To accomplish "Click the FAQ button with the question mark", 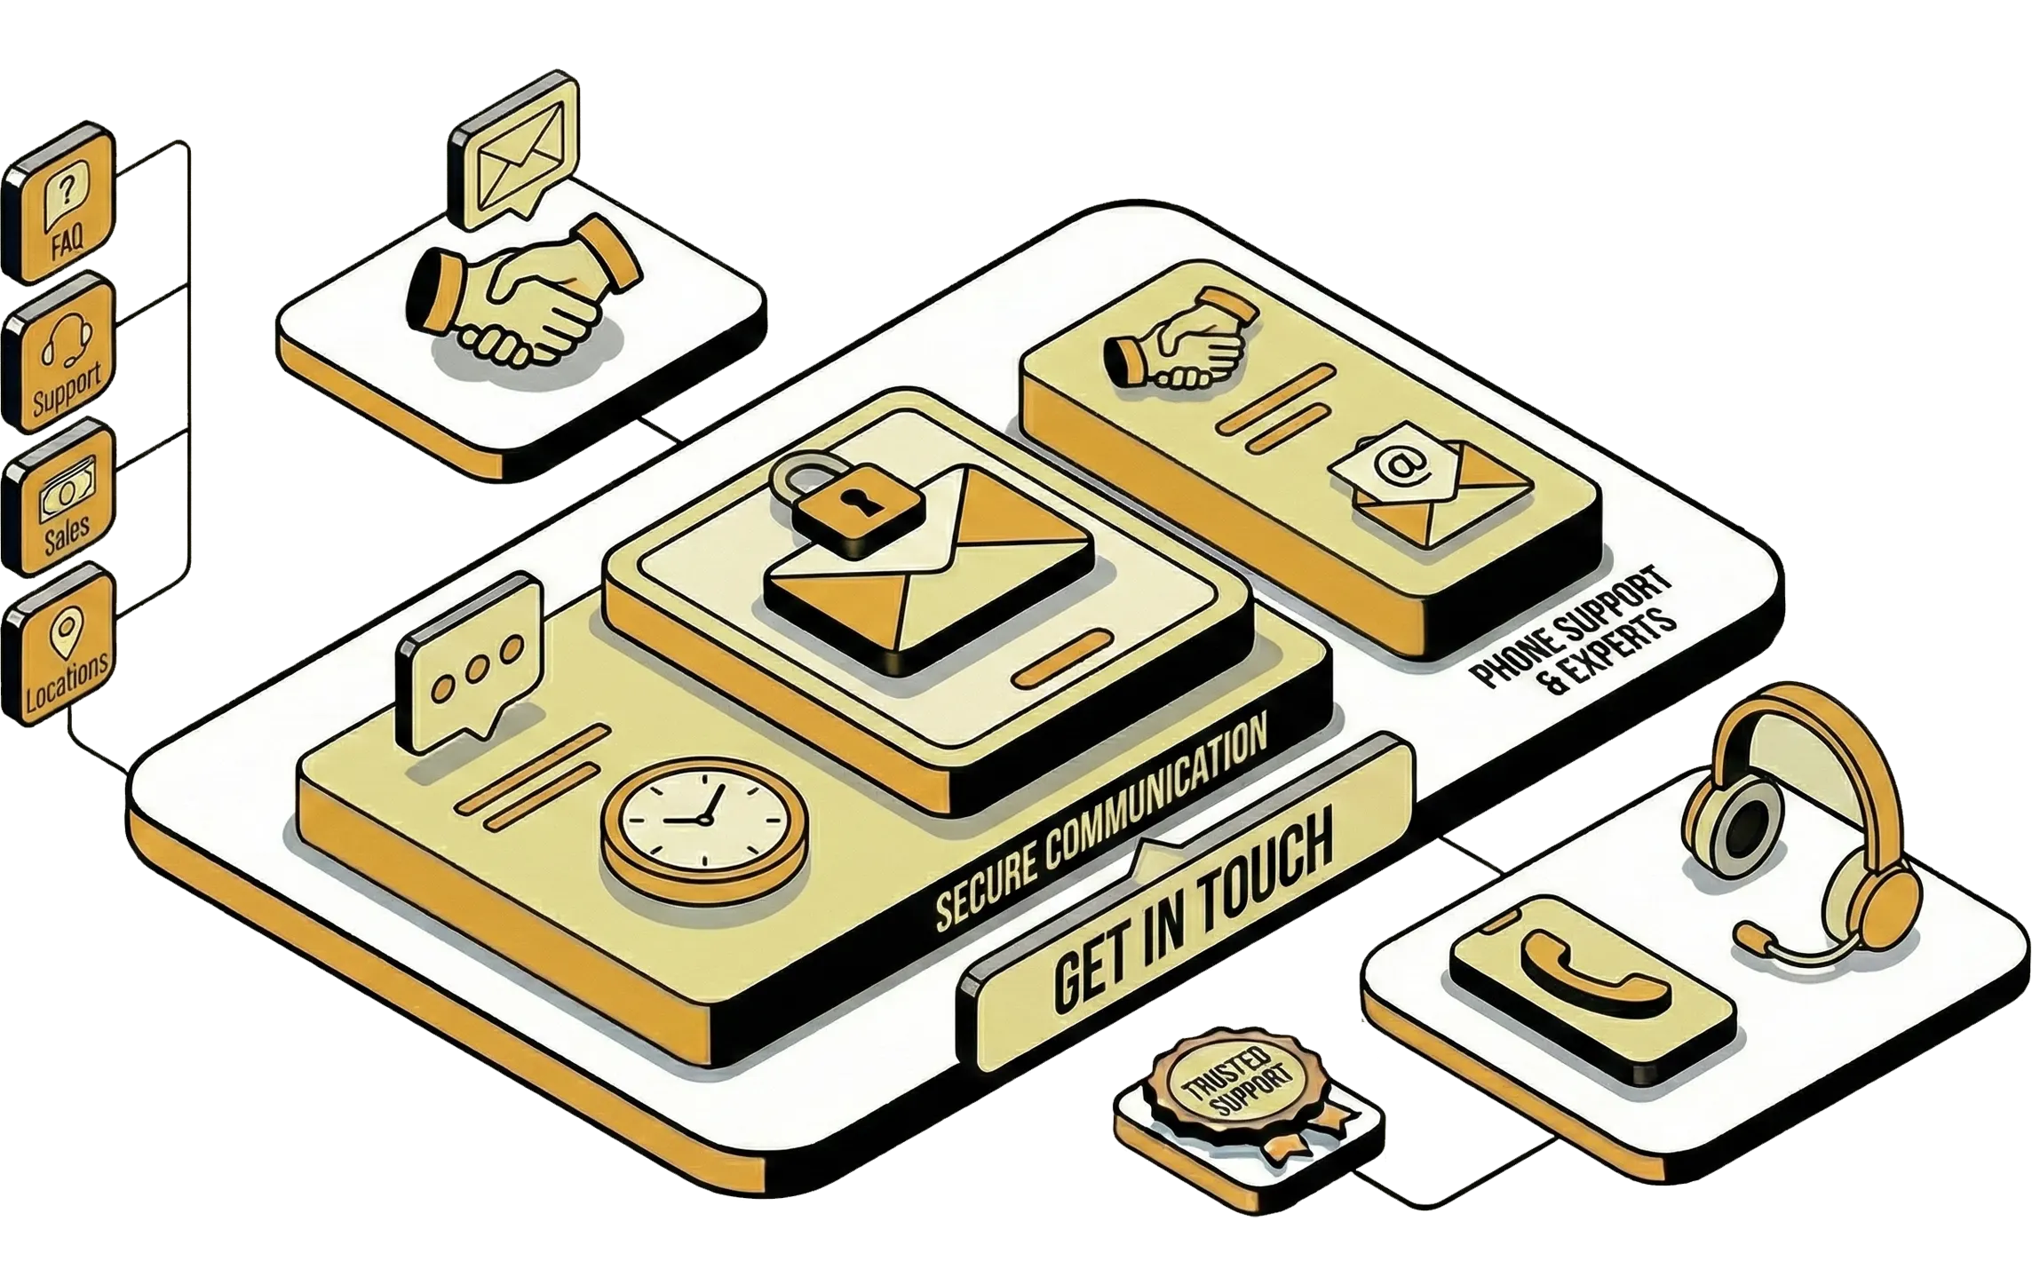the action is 60,208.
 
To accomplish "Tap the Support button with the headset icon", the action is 60,353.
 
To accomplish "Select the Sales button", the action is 60,499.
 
